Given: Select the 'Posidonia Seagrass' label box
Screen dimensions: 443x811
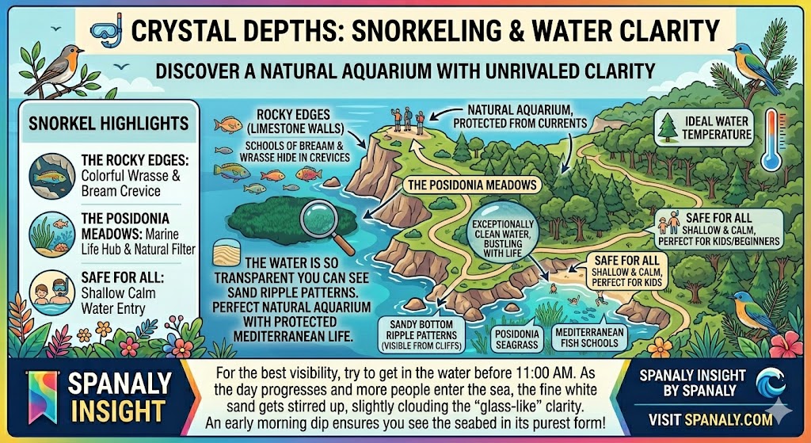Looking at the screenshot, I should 516,338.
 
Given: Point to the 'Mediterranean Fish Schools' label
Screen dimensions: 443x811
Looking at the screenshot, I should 587,337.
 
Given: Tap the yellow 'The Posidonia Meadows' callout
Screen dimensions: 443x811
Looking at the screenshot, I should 472,185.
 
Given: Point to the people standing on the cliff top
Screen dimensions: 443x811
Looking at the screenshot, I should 405,119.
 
